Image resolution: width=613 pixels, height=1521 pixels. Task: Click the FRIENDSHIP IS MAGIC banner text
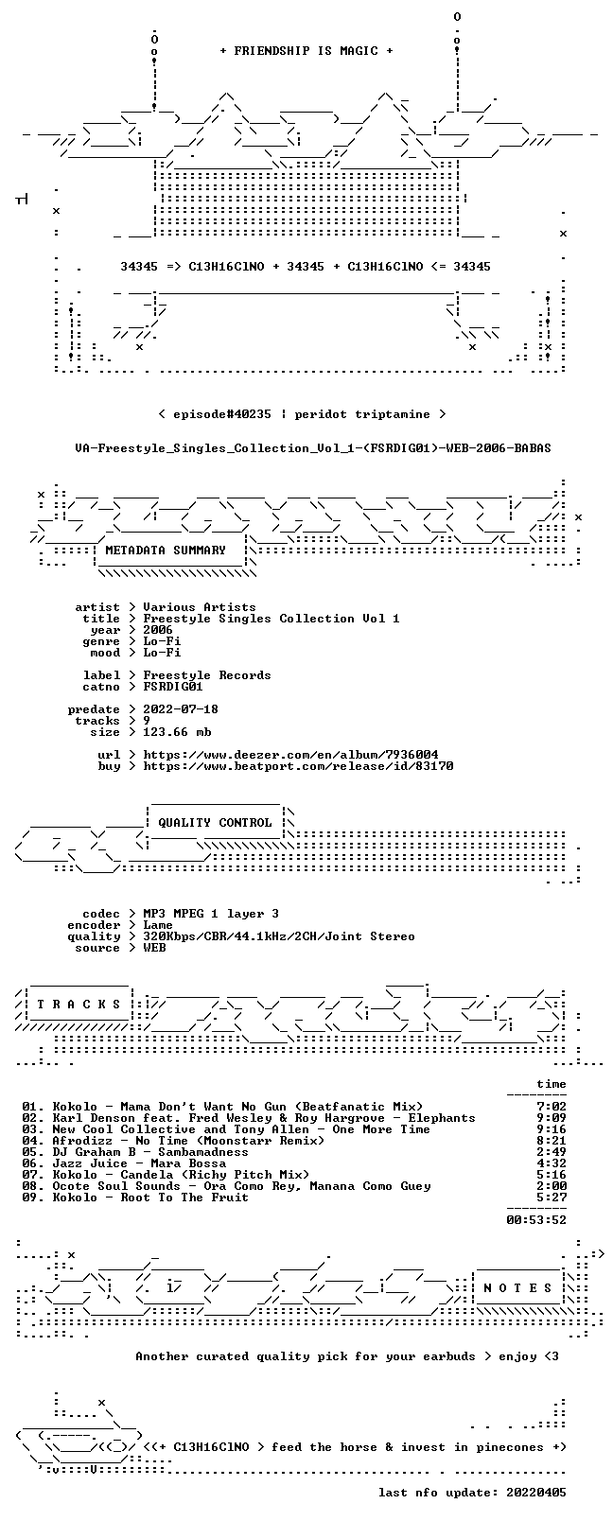click(x=306, y=51)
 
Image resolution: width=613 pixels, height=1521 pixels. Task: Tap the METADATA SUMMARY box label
click(x=166, y=550)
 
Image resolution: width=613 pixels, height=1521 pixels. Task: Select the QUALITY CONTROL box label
click(x=215, y=822)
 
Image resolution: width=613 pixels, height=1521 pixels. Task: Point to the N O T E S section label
click(x=518, y=1287)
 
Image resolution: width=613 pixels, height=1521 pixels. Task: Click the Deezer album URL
click(x=290, y=755)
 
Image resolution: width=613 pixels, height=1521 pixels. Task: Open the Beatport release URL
click(x=298, y=766)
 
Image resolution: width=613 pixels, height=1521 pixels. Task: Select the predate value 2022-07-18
click(x=181, y=708)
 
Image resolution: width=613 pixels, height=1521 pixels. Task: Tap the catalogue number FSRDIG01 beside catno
click(x=173, y=687)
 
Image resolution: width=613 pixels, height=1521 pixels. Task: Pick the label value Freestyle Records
click(x=207, y=675)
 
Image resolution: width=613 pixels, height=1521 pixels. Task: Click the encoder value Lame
click(x=158, y=925)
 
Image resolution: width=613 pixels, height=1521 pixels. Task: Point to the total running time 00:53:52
click(x=536, y=1219)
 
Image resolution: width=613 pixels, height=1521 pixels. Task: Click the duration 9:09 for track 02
click(x=552, y=1118)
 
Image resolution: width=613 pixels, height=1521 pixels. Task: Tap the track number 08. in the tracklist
click(x=32, y=1185)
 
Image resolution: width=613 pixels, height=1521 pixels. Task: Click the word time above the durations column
click(x=552, y=1084)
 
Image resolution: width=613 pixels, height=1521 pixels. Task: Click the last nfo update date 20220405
click(x=536, y=1492)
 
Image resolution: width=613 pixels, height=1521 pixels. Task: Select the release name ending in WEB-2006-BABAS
click(x=313, y=448)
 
